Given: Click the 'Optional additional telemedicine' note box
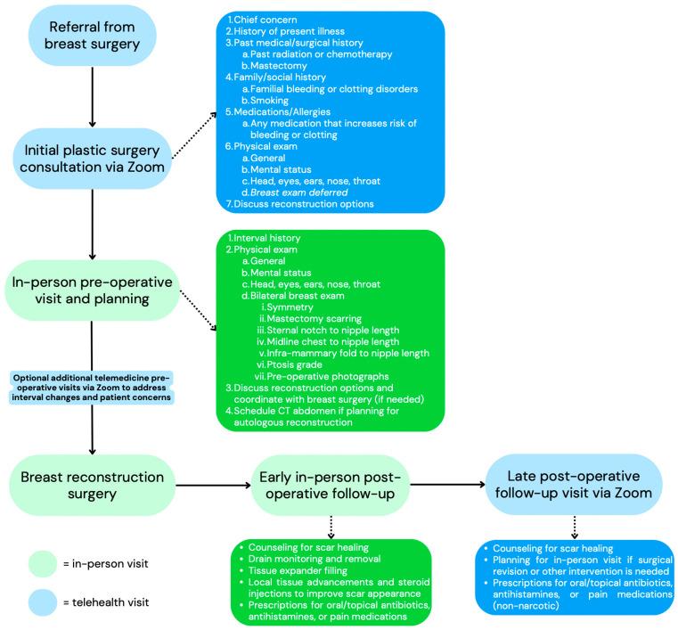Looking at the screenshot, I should click(92, 387).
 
